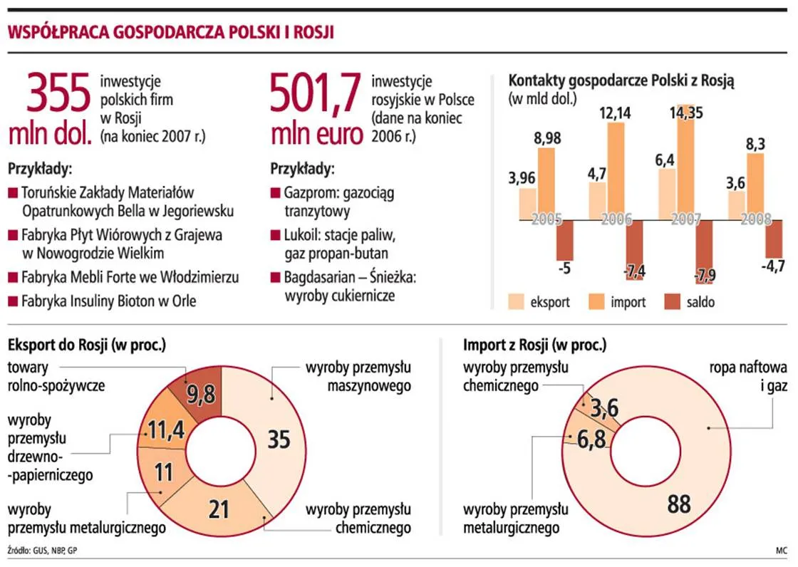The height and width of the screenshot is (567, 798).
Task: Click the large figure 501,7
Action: click(x=314, y=93)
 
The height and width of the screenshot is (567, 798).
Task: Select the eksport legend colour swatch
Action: click(x=514, y=301)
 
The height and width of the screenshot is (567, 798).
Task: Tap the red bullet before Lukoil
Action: click(x=275, y=234)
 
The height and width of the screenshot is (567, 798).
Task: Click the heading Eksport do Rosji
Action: click(x=86, y=345)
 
